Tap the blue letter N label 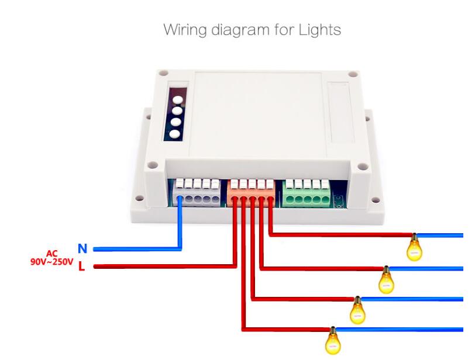coord(82,249)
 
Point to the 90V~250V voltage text coord(52,262)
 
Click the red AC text coord(53,254)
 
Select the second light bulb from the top coord(386,281)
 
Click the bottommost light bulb coord(332,341)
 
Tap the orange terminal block coord(251,192)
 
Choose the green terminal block coord(305,193)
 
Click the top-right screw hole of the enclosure coord(352,75)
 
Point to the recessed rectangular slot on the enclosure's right coord(340,113)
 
